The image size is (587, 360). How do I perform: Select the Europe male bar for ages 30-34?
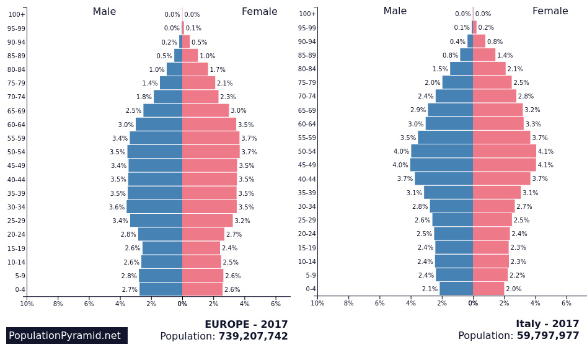(154, 207)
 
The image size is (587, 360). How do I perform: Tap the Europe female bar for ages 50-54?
(211, 152)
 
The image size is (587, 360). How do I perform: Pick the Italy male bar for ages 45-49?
(441, 165)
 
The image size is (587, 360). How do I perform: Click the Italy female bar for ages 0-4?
(488, 289)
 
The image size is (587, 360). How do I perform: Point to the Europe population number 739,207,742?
(253, 336)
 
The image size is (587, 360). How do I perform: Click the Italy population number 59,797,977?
(548, 336)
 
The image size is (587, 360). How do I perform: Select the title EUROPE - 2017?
(246, 325)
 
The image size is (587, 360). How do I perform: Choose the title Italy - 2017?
(547, 324)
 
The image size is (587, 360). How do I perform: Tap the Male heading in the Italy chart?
(395, 11)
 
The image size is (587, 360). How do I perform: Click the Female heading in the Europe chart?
(259, 12)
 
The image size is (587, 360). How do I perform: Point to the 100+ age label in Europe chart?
(17, 14)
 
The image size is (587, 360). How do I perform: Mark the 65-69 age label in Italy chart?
(307, 110)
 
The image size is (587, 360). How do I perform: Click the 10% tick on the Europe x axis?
(27, 304)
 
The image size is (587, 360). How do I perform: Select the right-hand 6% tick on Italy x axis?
(566, 303)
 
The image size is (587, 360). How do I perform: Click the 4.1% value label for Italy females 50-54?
(545, 151)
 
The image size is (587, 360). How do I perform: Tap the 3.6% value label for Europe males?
(117, 207)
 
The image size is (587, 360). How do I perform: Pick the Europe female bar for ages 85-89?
(190, 56)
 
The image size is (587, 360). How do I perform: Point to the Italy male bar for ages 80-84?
(461, 69)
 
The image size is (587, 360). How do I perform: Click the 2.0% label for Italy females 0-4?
(513, 289)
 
